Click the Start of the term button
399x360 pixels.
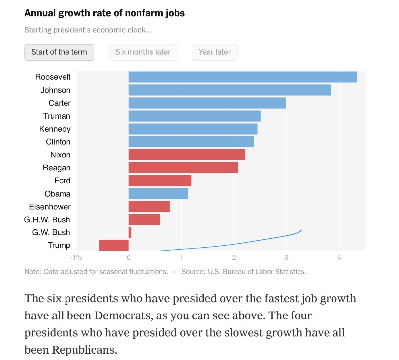(x=59, y=52)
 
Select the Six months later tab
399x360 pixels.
(x=143, y=52)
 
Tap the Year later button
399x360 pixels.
(x=214, y=52)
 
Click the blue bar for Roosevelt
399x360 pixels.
(x=242, y=77)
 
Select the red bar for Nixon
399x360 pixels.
(x=187, y=155)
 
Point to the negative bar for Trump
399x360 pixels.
(x=114, y=245)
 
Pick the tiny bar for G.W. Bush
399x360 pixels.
(x=130, y=232)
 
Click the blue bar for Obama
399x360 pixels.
(x=158, y=194)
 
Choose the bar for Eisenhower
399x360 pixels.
(x=149, y=207)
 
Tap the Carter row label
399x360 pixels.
(x=60, y=103)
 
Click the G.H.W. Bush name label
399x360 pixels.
(x=47, y=220)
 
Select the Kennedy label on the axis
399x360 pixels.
(x=55, y=129)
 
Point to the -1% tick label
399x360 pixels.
(x=76, y=258)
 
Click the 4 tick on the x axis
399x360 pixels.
(x=339, y=258)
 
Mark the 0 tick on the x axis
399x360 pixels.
(x=129, y=258)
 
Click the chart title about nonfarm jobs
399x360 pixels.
(x=104, y=13)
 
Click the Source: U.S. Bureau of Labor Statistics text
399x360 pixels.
(x=243, y=272)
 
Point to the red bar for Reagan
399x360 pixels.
(x=183, y=168)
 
